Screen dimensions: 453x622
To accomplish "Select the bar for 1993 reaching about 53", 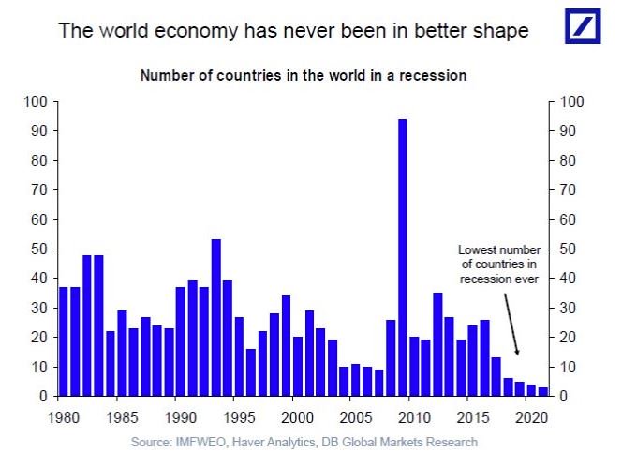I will (x=216, y=318).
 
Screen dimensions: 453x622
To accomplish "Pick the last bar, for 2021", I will (x=542, y=391).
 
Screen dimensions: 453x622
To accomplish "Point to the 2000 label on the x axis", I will (x=294, y=415).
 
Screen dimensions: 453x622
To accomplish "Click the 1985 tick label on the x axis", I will (x=121, y=415).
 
